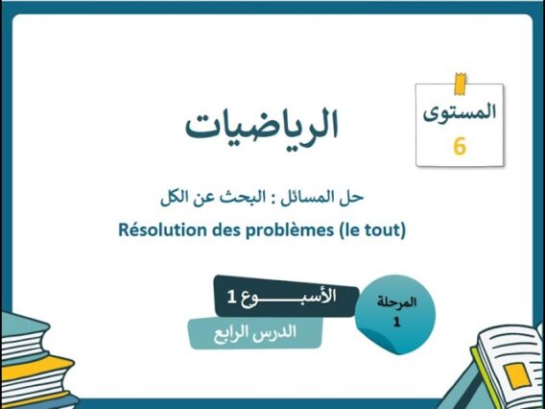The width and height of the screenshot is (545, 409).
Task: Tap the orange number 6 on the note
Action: [459, 147]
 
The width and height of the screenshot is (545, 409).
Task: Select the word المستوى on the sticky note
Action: [460, 111]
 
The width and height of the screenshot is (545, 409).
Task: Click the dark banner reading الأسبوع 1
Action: [285, 298]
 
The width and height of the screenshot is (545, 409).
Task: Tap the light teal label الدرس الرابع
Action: [254, 332]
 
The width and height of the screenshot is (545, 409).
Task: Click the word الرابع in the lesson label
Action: [233, 332]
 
